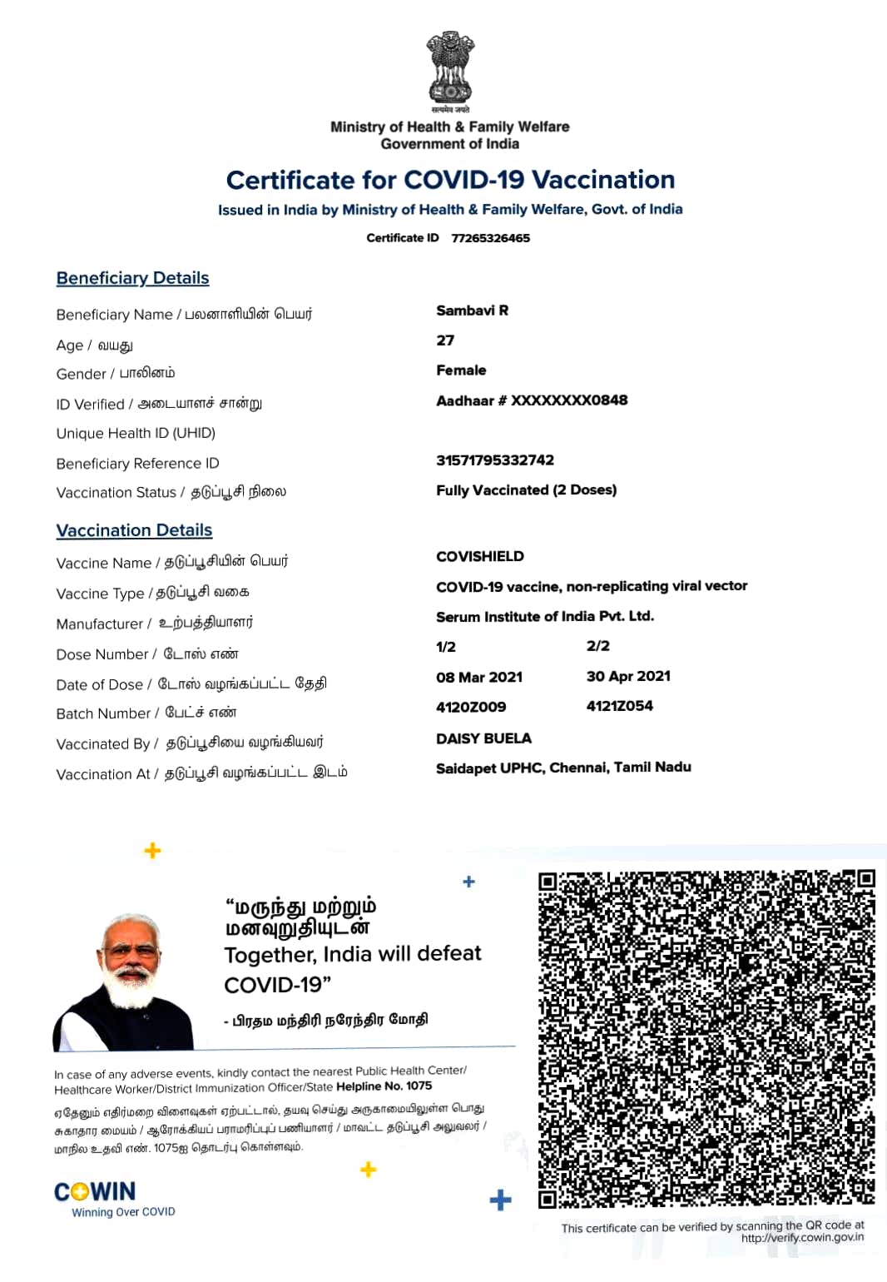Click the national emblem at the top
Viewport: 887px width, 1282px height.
[x=450, y=71]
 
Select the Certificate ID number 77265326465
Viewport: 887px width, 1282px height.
[x=490, y=238]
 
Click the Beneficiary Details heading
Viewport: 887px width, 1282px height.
[x=132, y=278]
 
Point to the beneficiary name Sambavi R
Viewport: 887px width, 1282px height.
[x=472, y=311]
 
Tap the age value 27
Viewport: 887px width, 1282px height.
[x=445, y=340]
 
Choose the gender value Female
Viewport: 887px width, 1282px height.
[x=461, y=370]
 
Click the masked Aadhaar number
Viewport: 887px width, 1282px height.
[x=532, y=400]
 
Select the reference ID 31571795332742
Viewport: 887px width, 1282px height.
[x=494, y=460]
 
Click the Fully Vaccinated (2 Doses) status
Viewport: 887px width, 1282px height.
[x=526, y=490]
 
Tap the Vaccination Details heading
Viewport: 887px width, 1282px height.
[x=134, y=530]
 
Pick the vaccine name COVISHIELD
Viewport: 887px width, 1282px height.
[x=480, y=556]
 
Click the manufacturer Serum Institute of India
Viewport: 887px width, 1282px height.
[x=544, y=617]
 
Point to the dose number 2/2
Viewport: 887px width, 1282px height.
[x=597, y=646]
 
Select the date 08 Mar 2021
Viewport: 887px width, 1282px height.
[x=479, y=677]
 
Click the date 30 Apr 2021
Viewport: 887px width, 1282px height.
[x=628, y=676]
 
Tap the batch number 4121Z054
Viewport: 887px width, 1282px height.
[x=619, y=706]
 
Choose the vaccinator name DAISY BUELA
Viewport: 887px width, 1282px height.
[x=483, y=738]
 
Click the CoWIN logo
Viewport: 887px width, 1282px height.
[x=95, y=1192]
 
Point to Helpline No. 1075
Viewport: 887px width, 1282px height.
[x=384, y=1086]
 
